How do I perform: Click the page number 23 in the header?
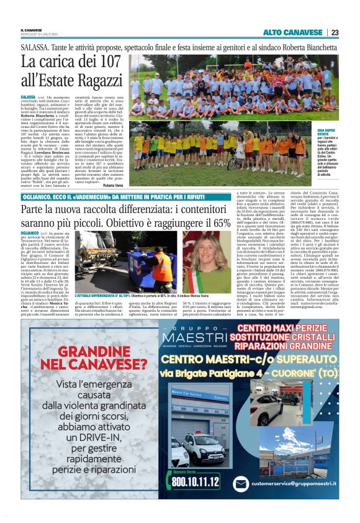click(335, 32)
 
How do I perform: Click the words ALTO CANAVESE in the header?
click(294, 32)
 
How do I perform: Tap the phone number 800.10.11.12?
click(196, 482)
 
